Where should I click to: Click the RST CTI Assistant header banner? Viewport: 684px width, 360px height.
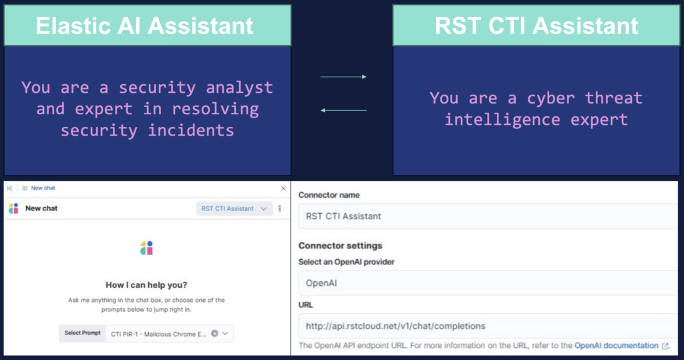(536, 25)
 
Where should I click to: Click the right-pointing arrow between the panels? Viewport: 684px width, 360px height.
(343, 77)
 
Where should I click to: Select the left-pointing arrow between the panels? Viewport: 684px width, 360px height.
(343, 110)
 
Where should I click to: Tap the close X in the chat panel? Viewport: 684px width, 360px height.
(283, 188)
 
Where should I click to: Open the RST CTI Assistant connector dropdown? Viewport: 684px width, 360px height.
(234, 208)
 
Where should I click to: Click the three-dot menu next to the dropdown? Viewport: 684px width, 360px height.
(280, 208)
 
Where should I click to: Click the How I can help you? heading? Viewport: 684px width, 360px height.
(146, 285)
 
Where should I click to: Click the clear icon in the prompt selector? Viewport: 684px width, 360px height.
(214, 333)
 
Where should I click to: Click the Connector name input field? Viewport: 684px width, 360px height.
(488, 216)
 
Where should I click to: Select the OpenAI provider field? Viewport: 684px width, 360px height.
(488, 283)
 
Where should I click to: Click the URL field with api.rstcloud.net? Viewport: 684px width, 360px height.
(488, 326)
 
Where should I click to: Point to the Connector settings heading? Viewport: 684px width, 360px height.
(340, 246)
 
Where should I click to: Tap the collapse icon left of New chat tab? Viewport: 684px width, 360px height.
(9, 188)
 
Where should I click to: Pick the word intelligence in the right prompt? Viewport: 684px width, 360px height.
(502, 119)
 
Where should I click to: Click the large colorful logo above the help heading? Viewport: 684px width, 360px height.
(146, 248)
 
